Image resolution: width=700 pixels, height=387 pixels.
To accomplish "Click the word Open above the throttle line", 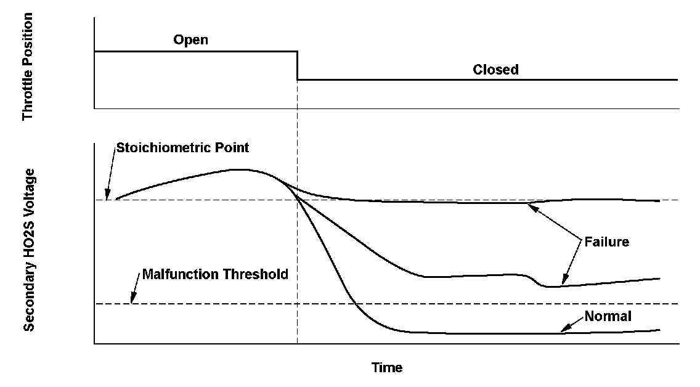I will [190, 41].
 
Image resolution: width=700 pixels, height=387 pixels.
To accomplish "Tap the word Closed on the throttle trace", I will [495, 70].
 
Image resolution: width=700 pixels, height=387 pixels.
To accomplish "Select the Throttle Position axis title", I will [27, 67].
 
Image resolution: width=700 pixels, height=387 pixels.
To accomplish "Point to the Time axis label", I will [387, 368].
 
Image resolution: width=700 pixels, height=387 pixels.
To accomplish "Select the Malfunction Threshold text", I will [215, 274].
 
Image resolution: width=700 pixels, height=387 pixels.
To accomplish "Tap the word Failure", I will [608, 242].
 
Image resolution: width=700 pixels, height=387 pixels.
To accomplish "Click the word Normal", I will [608, 317].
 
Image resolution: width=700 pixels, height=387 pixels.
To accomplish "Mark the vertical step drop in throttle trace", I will [297, 66].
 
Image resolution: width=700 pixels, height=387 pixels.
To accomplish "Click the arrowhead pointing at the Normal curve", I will [563, 332].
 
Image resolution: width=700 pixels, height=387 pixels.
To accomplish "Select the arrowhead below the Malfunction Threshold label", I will [131, 301].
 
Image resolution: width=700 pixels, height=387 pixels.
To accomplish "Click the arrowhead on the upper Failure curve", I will [531, 205].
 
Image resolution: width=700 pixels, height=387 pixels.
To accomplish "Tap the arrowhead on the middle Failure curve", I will [563, 283].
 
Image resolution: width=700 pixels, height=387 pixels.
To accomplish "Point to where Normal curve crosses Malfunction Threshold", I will [358, 304].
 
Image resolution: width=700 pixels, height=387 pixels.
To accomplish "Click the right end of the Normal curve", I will [659, 330].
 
